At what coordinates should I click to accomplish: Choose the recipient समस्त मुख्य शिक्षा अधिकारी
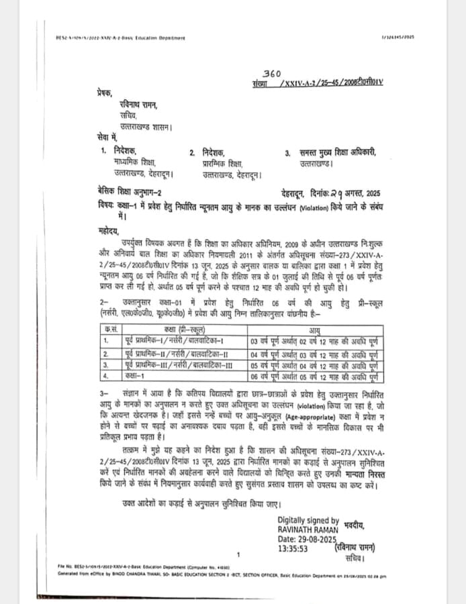pos(340,153)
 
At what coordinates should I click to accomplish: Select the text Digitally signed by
pos(308,521)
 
